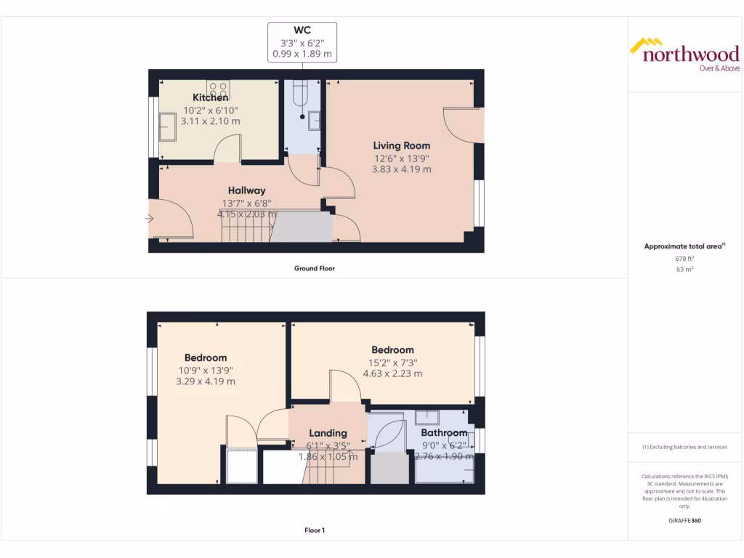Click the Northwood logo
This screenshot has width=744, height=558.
[x=684, y=54]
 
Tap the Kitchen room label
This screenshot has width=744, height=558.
[x=211, y=97]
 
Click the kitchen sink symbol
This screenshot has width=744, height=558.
[x=168, y=126]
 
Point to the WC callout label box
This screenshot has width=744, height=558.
[x=302, y=41]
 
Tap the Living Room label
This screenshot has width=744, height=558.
[x=402, y=145]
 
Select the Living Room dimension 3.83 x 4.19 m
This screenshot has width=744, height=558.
[x=402, y=169]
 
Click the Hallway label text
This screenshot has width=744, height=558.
[x=247, y=190]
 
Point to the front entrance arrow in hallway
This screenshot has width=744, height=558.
[x=150, y=218]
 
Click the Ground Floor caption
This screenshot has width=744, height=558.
[x=314, y=268]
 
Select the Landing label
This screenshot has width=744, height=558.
[x=328, y=433]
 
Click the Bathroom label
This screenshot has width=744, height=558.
[x=444, y=433]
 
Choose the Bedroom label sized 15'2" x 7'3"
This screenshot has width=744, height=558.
[x=392, y=350]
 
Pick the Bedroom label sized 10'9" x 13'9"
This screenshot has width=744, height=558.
[x=206, y=357]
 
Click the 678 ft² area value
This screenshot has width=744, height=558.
[x=684, y=258]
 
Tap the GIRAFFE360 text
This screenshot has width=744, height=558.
[x=684, y=521]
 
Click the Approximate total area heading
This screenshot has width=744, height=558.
[x=684, y=247]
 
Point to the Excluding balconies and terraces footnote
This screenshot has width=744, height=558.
[x=684, y=447]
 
